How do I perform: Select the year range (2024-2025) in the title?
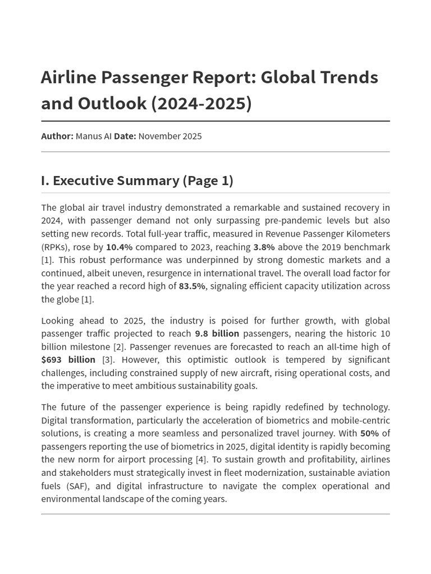pyautogui.click(x=201, y=104)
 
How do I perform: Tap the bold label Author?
pyautogui.click(x=57, y=136)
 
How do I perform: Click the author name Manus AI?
pyautogui.click(x=94, y=136)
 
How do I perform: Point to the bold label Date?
pyautogui.click(x=125, y=136)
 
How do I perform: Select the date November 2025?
pyautogui.click(x=170, y=136)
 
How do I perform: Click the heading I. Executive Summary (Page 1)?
pyautogui.click(x=137, y=180)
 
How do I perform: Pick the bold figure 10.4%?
pyautogui.click(x=119, y=247)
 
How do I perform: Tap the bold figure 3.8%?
pyautogui.click(x=264, y=247)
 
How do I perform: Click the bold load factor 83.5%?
pyautogui.click(x=192, y=286)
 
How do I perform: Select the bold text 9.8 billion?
pyautogui.click(x=217, y=334)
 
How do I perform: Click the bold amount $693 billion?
pyautogui.click(x=68, y=360)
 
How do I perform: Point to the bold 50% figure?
pyautogui.click(x=369, y=433)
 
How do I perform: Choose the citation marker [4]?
pyautogui.click(x=201, y=460)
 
